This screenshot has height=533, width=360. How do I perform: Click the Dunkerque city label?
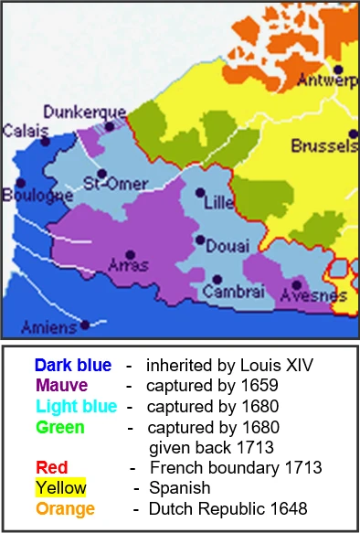click(84, 111)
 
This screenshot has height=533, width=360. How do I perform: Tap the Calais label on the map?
click(25, 131)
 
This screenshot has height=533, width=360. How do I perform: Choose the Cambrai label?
click(233, 292)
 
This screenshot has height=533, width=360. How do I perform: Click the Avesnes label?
click(312, 295)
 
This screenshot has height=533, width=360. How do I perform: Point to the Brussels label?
click(324, 145)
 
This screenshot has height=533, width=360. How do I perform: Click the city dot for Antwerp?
click(338, 69)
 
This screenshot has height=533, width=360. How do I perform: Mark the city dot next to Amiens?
click(84, 324)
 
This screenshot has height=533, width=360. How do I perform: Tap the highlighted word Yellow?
click(61, 487)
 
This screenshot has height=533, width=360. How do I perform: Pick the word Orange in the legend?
click(65, 507)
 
